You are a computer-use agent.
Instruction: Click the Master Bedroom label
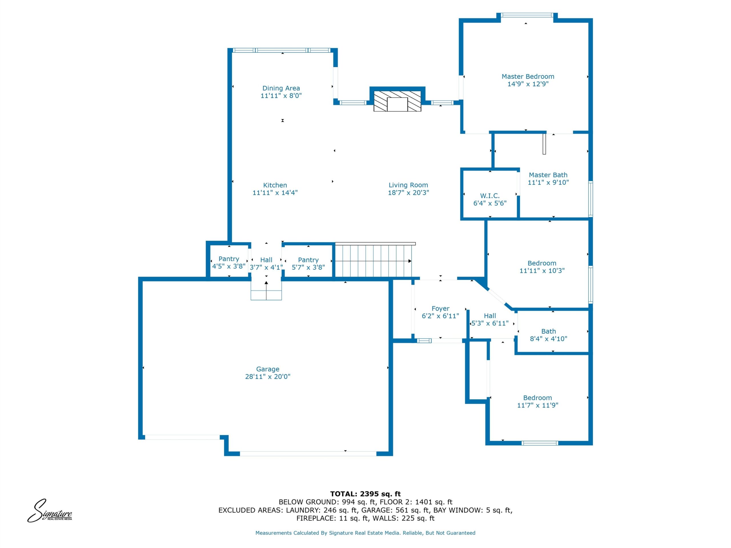coord(528,76)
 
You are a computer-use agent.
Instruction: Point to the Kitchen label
coord(275,185)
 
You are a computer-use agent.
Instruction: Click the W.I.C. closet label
coord(490,196)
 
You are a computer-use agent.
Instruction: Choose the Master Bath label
coord(548,175)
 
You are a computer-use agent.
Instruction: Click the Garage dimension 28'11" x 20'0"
coord(268,376)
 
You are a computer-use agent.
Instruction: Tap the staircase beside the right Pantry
coord(374,260)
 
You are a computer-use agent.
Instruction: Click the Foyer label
coord(440,309)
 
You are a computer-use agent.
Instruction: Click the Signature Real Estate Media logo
coord(50,511)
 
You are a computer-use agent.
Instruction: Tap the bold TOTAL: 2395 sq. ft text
coord(365,494)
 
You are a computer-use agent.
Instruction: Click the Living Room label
coord(408,185)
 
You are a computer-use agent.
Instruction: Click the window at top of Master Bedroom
coord(527,15)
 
